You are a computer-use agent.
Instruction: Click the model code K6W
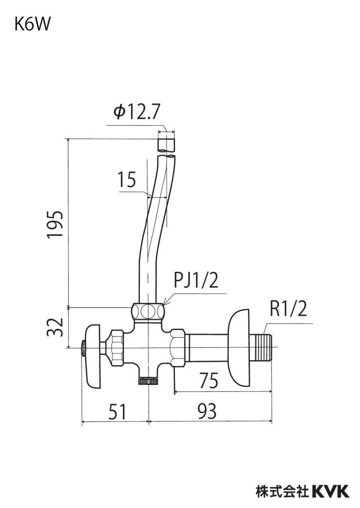point(32,25)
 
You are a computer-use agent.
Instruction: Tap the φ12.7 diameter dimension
point(137,112)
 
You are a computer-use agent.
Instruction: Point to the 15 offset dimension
point(127,180)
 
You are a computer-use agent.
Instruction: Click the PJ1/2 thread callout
point(196,280)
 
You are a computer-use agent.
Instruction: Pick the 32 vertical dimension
point(55,327)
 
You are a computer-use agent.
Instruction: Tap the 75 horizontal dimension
point(209,380)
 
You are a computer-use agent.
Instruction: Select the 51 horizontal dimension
point(117,411)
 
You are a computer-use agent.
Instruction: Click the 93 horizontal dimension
point(206,411)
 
